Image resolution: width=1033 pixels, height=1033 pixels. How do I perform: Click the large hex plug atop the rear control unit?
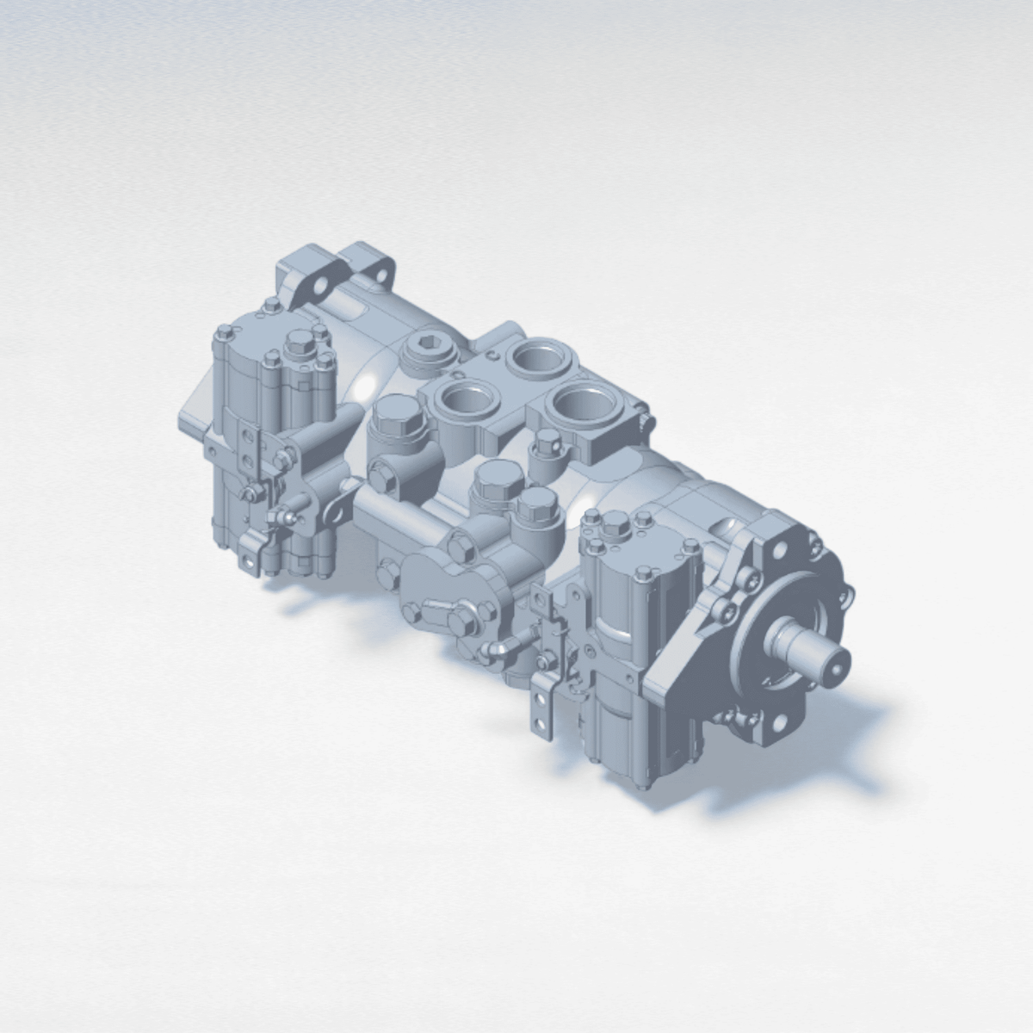pyautogui.click(x=299, y=342)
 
